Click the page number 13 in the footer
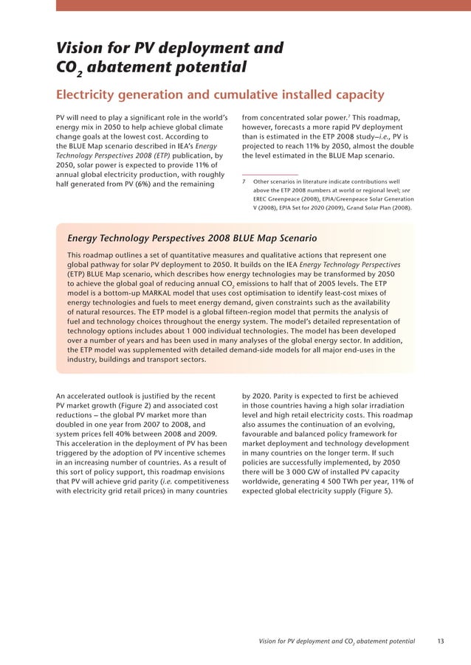click(440, 641)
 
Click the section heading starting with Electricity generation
click(220, 94)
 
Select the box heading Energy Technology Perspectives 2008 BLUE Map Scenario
click(192, 238)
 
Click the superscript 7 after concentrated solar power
click(348, 115)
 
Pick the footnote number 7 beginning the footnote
click(244, 181)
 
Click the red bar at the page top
click(263, 5)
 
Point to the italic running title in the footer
click(337, 641)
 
